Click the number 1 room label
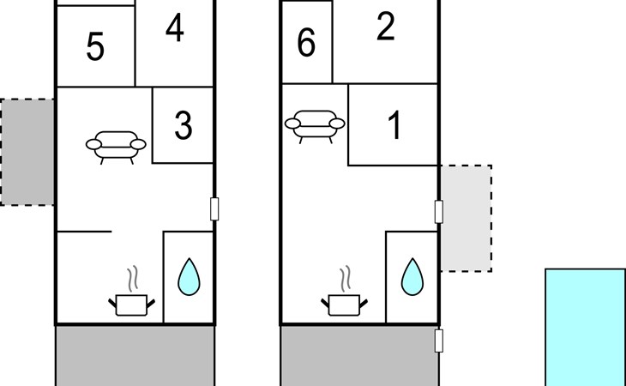click(x=394, y=127)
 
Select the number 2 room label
click(x=386, y=28)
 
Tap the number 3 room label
click(x=183, y=126)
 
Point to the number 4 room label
click(x=174, y=28)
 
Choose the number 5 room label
click(x=95, y=48)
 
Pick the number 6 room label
click(x=306, y=44)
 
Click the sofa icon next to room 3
click(x=115, y=146)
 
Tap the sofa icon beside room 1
click(x=314, y=125)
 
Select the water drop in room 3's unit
click(x=188, y=277)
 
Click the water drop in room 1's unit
click(x=412, y=276)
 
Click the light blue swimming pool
click(x=585, y=327)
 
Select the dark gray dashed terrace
click(x=27, y=152)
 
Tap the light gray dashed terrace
click(x=466, y=219)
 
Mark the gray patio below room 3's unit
click(x=135, y=355)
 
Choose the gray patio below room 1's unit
click(x=359, y=355)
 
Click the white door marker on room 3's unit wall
click(x=214, y=208)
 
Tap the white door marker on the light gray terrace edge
click(x=439, y=212)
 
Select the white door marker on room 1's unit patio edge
click(x=439, y=341)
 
